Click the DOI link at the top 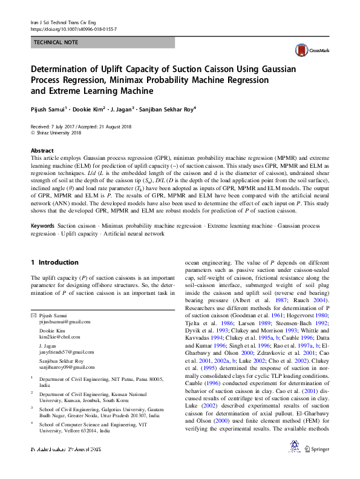(73, 28)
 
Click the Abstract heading (42, 150)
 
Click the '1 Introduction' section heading (54, 262)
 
